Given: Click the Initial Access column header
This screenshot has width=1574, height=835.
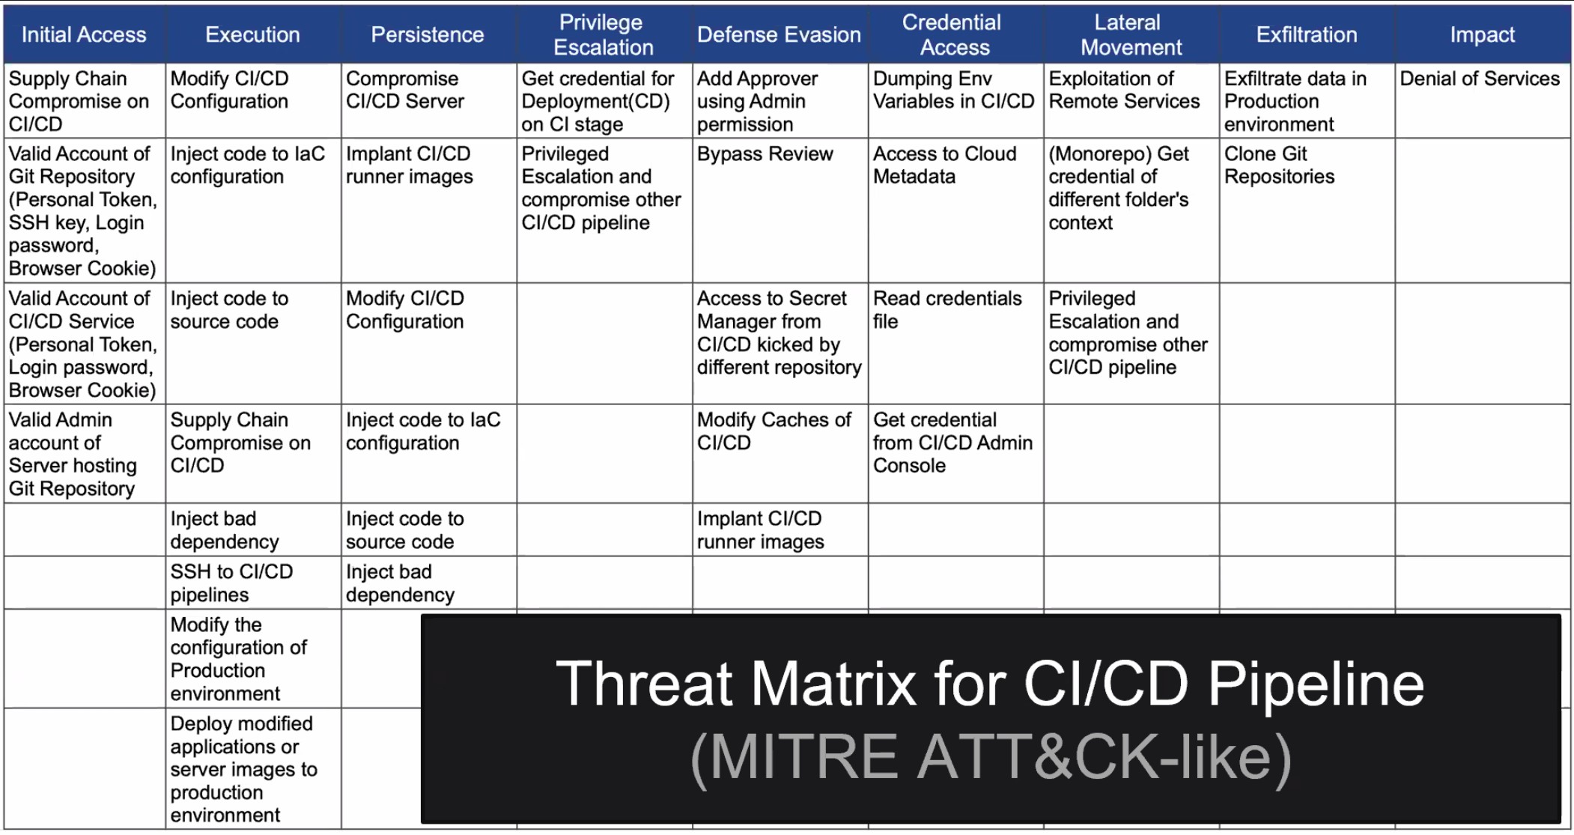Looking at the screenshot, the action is (x=84, y=34).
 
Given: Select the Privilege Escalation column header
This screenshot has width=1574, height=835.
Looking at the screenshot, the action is (x=604, y=34).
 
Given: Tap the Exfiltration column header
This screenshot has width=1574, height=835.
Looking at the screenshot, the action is (x=1307, y=34).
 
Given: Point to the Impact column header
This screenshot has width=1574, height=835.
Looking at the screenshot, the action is (x=1483, y=34).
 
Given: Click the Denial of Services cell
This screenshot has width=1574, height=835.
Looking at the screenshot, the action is (x=1483, y=100).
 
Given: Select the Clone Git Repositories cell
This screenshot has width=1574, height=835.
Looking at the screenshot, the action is (x=1307, y=210).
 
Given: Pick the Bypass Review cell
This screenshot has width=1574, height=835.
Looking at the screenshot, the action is (x=780, y=210).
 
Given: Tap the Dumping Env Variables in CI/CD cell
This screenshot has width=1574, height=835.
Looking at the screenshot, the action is (x=955, y=100).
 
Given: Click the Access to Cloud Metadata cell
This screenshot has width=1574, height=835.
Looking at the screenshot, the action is (x=955, y=210).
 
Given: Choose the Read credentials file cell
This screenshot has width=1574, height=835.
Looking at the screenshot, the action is (x=955, y=344).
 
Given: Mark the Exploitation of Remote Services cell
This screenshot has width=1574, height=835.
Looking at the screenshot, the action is (x=1131, y=100).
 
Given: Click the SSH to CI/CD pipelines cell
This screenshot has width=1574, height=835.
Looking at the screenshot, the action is (x=253, y=583).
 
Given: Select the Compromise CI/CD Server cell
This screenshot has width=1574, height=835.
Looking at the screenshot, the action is (x=428, y=100).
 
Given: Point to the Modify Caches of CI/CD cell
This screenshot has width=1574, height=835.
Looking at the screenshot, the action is (x=780, y=454).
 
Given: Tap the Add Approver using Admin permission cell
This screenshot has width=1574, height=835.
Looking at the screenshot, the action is (x=780, y=100).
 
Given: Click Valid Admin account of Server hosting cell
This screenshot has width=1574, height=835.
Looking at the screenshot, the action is (x=85, y=454).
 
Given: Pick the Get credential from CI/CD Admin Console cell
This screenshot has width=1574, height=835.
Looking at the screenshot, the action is (x=955, y=454).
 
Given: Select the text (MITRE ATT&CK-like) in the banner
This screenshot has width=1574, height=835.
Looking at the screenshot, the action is (x=991, y=758).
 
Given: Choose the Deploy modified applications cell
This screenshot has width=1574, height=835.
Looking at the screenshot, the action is (x=253, y=768).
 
